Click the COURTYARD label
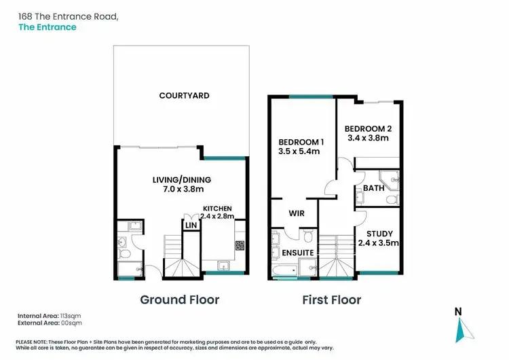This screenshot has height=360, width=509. click(184, 96)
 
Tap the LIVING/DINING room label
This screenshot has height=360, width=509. click(181, 179)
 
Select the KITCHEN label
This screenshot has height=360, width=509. click(218, 208)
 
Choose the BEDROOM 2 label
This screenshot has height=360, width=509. click(368, 128)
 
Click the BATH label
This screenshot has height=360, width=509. click(373, 187)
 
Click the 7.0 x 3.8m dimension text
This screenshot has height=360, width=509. click(181, 190)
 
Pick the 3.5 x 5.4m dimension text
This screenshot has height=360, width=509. click(299, 151)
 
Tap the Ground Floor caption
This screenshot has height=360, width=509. click(179, 300)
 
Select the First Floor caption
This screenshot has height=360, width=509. click(333, 300)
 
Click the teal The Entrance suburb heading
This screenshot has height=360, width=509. click(48, 27)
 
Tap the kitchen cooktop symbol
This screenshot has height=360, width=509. click(240, 245)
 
